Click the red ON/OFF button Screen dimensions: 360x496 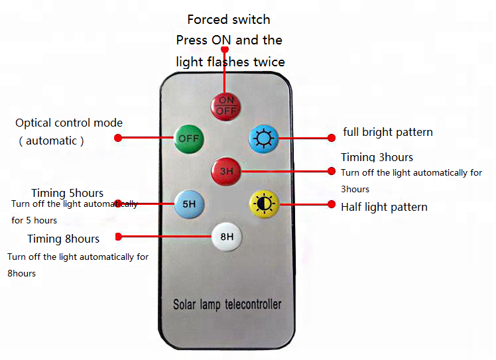coord(226,106)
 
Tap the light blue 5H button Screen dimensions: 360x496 coord(189,204)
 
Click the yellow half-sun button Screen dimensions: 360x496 coord(265,204)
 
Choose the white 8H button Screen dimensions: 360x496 coord(227,236)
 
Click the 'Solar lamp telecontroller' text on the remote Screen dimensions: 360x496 coord(227,305)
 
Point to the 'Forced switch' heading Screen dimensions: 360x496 coord(229,19)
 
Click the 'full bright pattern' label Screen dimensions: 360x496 coord(388,132)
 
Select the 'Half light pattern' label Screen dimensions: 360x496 coord(384,207)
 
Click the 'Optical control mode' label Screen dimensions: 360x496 coord(69,123)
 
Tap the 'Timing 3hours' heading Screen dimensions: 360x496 coord(377,157)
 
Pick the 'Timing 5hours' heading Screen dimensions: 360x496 coord(67,193)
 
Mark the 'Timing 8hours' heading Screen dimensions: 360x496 coord(64,239)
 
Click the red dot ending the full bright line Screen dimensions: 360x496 coord(332,138)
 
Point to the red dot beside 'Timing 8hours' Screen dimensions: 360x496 coord(118,236)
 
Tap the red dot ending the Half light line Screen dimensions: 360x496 coord(332,204)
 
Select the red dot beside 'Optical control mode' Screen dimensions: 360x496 coord(118,138)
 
